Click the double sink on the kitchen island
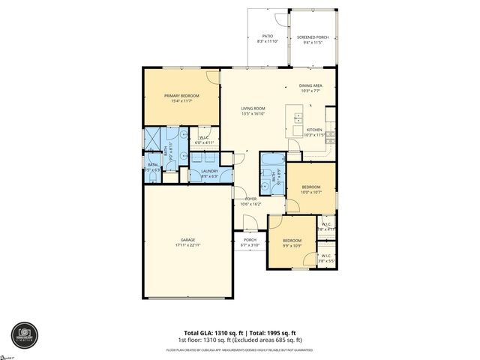298,118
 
